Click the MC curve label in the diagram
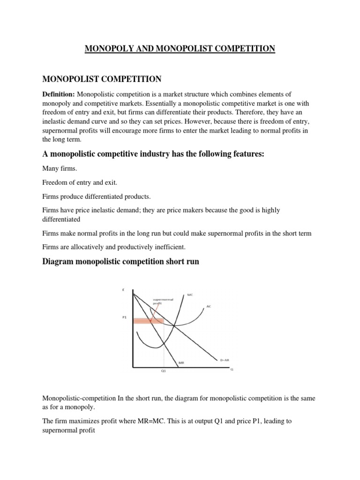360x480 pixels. pos(190,295)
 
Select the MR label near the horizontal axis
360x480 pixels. pos(181,362)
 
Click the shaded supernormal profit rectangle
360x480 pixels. pos(148,321)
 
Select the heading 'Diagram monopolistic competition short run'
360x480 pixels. pos(120,262)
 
